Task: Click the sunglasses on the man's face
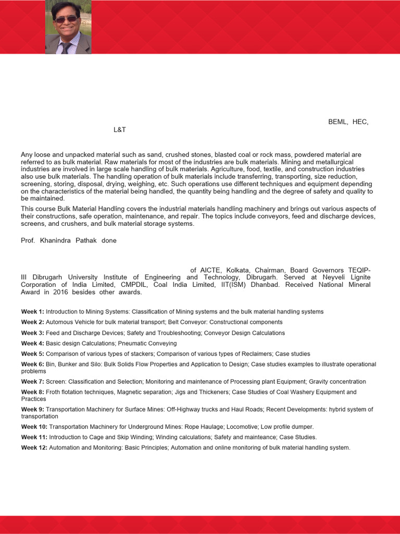click(67, 19)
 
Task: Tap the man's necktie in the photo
click(67, 47)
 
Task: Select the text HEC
click(360, 122)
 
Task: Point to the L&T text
click(120, 129)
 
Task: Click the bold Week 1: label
click(32, 311)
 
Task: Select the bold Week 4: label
click(32, 343)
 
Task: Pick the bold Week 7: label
click(32, 382)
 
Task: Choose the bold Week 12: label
click(34, 447)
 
